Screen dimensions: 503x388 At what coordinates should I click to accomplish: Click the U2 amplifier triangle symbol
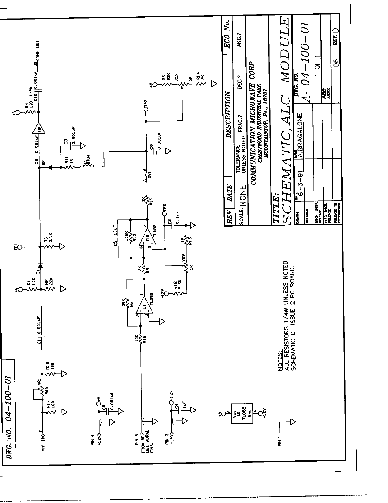click(39, 128)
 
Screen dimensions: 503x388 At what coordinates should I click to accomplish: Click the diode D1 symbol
click(40, 265)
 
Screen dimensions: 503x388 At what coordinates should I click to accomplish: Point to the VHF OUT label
click(37, 50)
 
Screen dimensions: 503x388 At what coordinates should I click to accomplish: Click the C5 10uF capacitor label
click(115, 236)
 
